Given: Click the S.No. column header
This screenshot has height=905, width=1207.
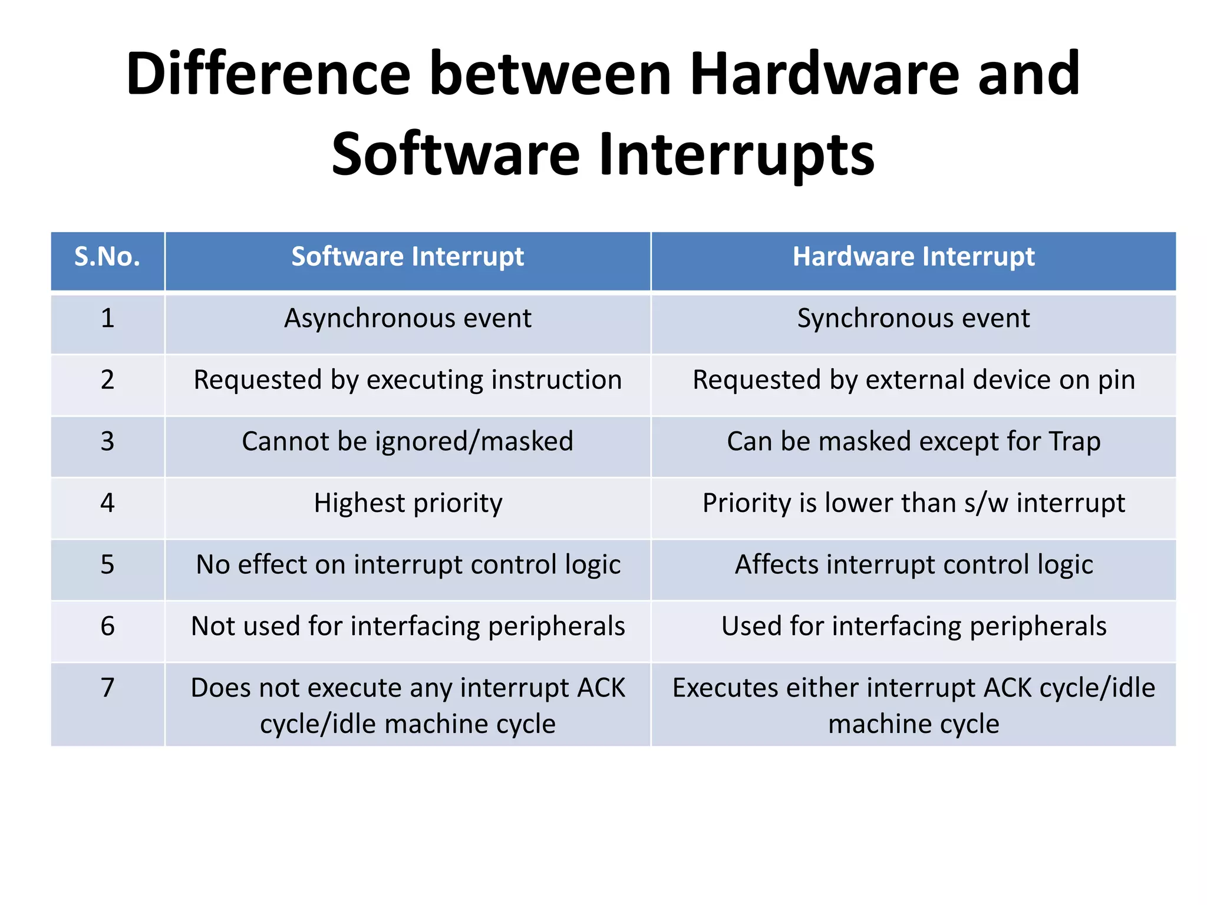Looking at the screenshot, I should (x=107, y=257).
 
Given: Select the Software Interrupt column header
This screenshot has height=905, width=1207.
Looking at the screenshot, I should (x=407, y=257).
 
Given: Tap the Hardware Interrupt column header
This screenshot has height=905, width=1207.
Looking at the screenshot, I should (x=913, y=257).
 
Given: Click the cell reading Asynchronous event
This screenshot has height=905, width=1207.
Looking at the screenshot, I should (x=407, y=319).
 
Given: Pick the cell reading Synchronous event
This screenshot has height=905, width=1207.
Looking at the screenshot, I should (x=913, y=319).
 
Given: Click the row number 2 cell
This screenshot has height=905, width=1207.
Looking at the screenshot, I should (x=107, y=380).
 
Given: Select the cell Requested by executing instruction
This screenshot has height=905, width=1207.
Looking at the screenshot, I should (x=407, y=380).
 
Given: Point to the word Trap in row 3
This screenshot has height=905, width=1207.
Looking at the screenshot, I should (x=1074, y=442).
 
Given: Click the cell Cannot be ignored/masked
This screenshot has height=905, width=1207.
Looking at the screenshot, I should (x=407, y=442).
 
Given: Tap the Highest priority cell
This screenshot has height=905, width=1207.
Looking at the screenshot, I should (x=407, y=504).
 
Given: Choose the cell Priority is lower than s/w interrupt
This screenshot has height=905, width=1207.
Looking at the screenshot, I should (x=913, y=504).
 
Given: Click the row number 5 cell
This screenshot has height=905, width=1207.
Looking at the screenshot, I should (x=107, y=565).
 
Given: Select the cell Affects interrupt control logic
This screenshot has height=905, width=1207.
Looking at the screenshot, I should (x=913, y=565).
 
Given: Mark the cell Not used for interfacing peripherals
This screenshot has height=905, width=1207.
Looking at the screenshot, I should (x=407, y=626).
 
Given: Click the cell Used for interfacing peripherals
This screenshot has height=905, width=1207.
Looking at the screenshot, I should (x=913, y=626).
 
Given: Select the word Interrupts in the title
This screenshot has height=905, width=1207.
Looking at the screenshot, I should (x=737, y=155).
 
